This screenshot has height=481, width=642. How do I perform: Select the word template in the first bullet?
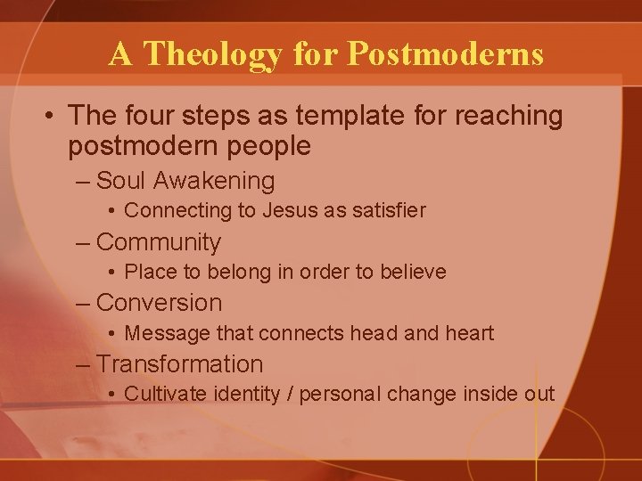pos(338,117)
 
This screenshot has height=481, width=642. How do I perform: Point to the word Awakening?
pos(214,181)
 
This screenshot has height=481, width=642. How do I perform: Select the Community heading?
pos(158,242)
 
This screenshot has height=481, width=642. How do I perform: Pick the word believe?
pos(413,272)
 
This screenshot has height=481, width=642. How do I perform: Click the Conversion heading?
pos(159,303)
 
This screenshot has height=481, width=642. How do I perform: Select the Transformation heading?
pos(179,363)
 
